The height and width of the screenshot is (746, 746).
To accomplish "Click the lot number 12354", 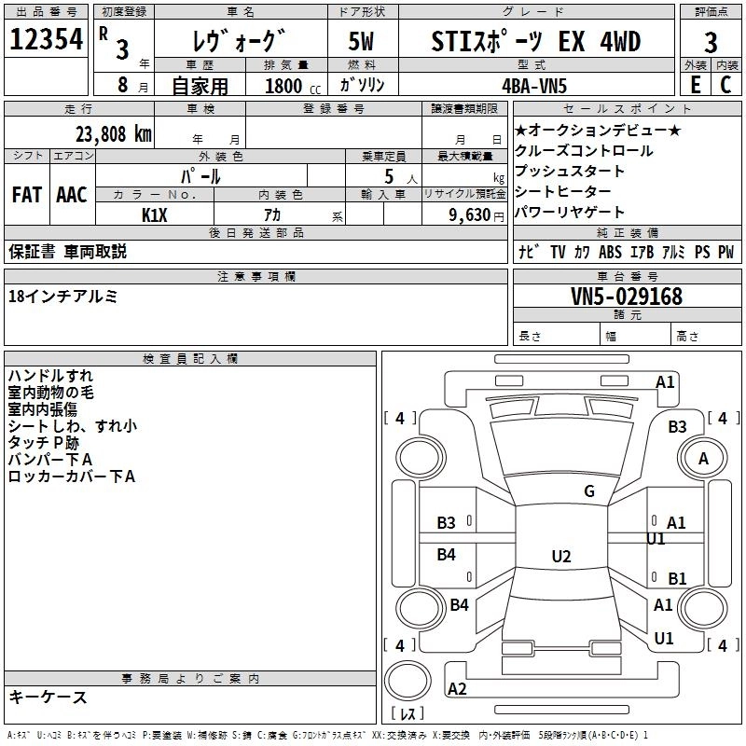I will click(46, 40).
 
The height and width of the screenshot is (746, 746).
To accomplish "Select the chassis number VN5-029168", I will click(627, 297).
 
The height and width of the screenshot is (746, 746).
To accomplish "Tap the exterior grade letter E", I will click(695, 84).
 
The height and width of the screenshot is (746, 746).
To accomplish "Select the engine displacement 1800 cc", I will click(290, 86).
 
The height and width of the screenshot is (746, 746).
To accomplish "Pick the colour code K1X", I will click(155, 214).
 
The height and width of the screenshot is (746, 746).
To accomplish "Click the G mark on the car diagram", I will click(588, 491).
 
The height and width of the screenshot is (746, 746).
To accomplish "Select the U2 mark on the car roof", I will click(560, 557).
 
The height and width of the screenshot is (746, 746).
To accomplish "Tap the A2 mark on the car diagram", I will click(457, 689).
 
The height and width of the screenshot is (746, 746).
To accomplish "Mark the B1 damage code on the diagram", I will click(677, 579).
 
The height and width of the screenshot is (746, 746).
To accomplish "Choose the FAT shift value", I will click(27, 195).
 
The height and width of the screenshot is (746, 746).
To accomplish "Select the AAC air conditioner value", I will click(72, 195).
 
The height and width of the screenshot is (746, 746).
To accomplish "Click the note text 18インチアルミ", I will click(62, 296).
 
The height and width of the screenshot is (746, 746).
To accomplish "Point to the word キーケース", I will click(48, 697).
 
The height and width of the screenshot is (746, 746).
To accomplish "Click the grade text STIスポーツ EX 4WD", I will click(536, 42).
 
